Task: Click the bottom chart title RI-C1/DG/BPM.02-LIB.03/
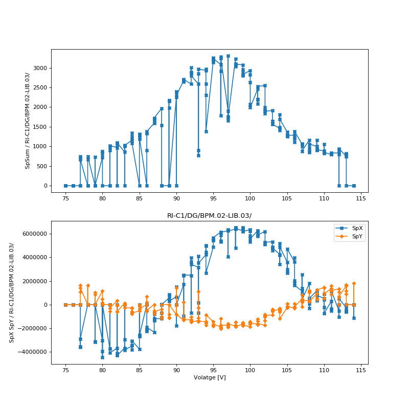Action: [x=209, y=216]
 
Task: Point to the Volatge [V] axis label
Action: [x=210, y=377]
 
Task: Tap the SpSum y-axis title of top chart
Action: [x=28, y=121]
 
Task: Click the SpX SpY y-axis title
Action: [x=11, y=292]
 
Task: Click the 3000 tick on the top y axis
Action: [x=40, y=68]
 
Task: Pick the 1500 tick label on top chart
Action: [x=40, y=127]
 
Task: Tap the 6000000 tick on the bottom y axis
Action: [x=33, y=234]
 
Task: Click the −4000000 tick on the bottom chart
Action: [x=32, y=352]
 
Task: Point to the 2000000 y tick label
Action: [x=33, y=281]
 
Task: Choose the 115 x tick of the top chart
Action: [x=361, y=198]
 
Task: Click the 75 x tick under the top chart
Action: [x=65, y=198]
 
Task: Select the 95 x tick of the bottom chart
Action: [x=213, y=370]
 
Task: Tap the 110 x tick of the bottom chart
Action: [x=324, y=370]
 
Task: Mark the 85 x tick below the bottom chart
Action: [x=140, y=370]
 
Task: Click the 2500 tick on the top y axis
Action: [x=40, y=88]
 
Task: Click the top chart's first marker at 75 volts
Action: [x=65, y=186]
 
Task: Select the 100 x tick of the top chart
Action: [x=250, y=198]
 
